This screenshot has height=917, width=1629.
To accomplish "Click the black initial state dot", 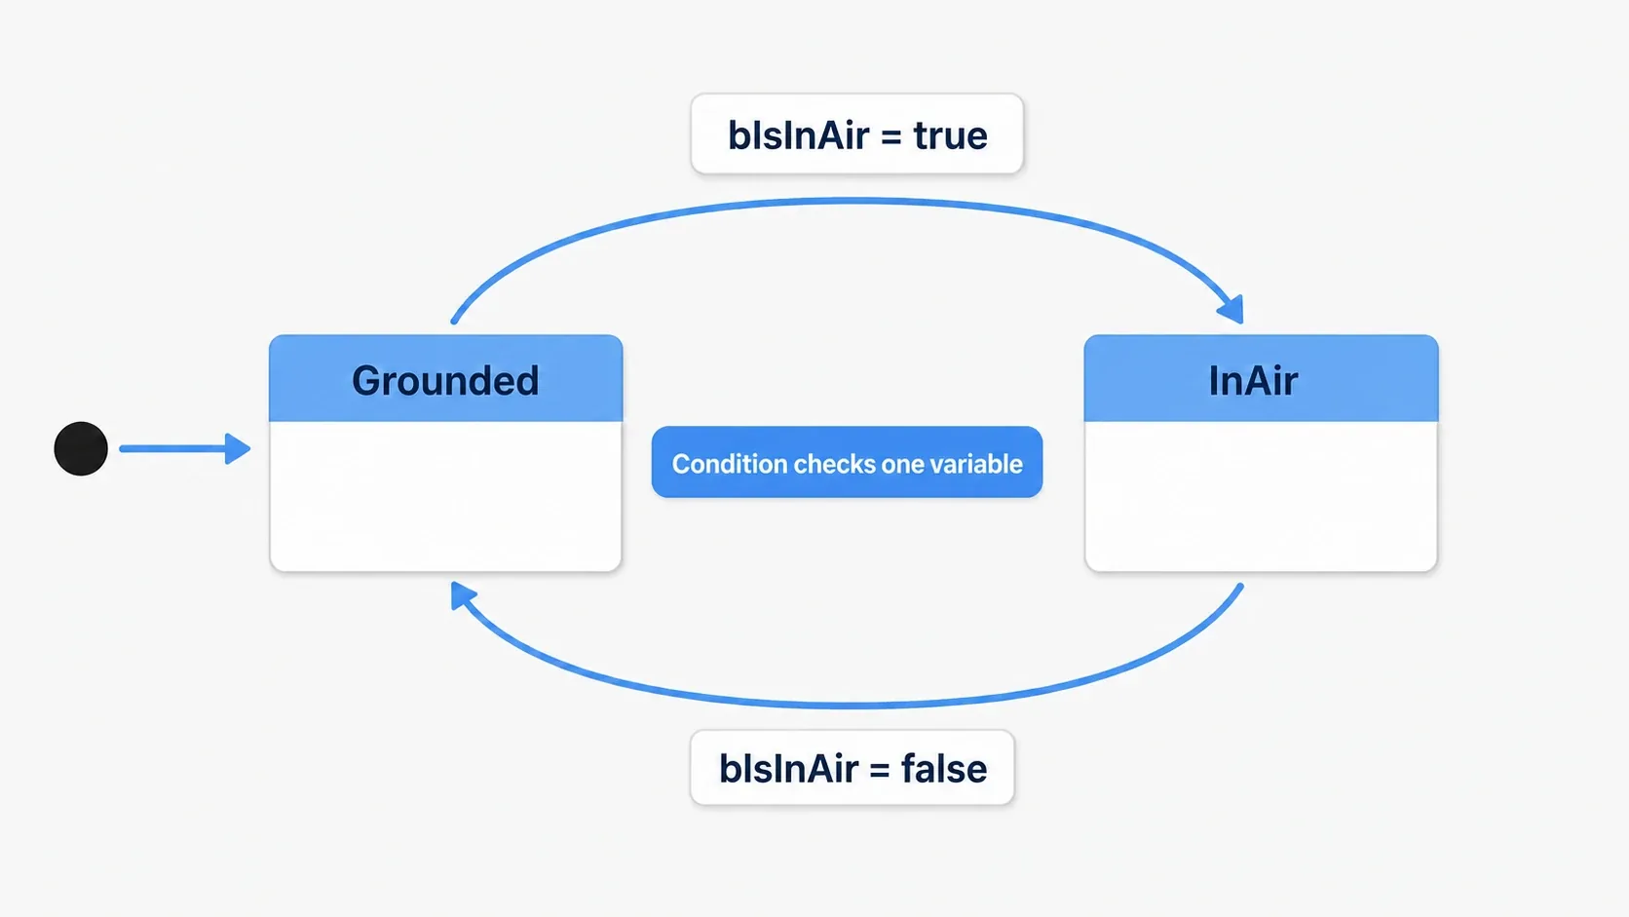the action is click(x=81, y=448).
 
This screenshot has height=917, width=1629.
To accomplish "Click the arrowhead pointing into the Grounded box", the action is click(x=238, y=448).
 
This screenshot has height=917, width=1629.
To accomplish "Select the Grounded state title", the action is click(x=445, y=381).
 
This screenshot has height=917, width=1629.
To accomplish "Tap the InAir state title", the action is click(x=1253, y=380).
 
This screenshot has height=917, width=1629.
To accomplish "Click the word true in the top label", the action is click(x=951, y=136).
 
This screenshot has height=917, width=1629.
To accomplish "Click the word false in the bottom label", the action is click(x=944, y=769).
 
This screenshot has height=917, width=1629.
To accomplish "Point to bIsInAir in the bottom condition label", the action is click(x=789, y=769).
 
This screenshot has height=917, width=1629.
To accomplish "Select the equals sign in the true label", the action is click(x=891, y=137).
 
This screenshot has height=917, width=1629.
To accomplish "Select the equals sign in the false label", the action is click(x=880, y=770).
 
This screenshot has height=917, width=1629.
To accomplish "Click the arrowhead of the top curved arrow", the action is click(x=1231, y=309).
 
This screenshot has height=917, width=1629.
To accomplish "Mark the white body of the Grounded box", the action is click(x=445, y=496).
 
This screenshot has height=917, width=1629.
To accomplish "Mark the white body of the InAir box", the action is click(x=1261, y=496).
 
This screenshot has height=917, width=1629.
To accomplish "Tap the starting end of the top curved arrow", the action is click(x=454, y=321).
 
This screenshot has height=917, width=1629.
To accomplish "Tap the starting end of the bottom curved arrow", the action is click(x=1240, y=586).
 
